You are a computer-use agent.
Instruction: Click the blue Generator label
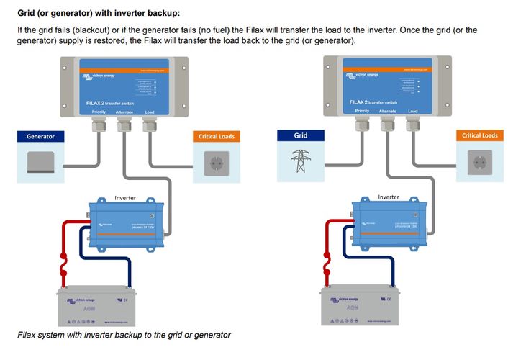pyautogui.click(x=41, y=136)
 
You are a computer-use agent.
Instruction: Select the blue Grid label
pyautogui.click(x=301, y=135)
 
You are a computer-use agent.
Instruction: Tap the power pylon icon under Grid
pyautogui.click(x=301, y=160)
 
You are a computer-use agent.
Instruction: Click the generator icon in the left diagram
pyautogui.click(x=40, y=162)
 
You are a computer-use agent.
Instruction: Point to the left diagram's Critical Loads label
pyautogui.click(x=217, y=136)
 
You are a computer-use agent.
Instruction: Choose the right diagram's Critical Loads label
pyautogui.click(x=479, y=135)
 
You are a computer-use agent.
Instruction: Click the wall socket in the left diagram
pyautogui.click(x=217, y=163)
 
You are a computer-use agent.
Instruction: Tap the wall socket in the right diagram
pyautogui.click(x=479, y=163)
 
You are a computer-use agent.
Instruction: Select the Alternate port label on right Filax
pyautogui.click(x=387, y=111)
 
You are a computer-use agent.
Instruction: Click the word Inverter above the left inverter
pyautogui.click(x=125, y=197)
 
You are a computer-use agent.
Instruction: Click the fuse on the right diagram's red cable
pyautogui.click(x=327, y=264)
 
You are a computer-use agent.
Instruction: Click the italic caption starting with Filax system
pyautogui.click(x=124, y=336)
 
